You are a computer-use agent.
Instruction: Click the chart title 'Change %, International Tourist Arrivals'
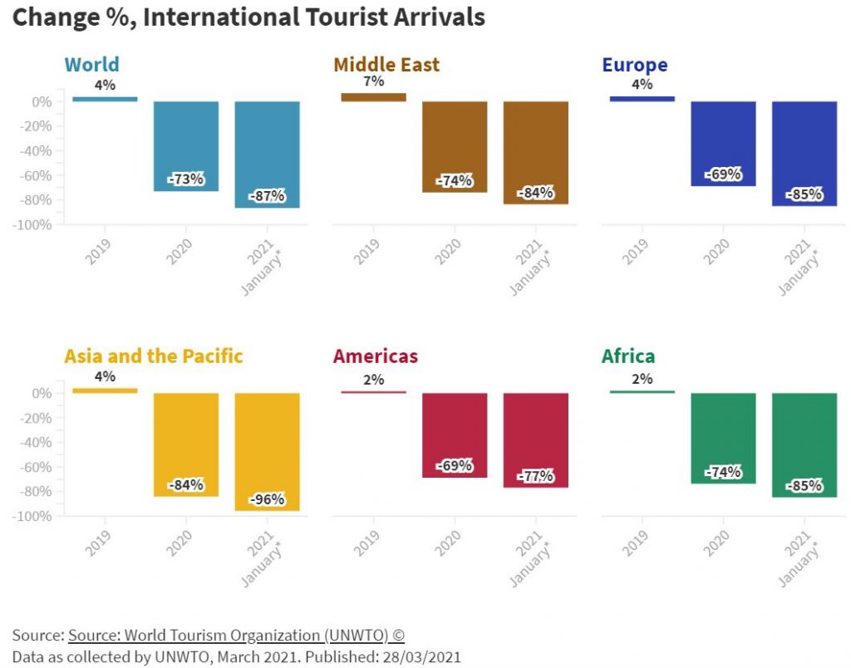248,17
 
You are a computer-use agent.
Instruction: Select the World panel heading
91,65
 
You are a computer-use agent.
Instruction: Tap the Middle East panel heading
386,65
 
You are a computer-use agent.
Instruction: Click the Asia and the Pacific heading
153,356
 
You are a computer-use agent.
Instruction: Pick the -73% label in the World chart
186,179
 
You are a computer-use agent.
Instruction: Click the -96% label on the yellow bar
267,499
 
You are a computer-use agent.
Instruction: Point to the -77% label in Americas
536,476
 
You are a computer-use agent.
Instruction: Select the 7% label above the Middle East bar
373,81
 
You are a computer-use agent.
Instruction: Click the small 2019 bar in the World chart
105,99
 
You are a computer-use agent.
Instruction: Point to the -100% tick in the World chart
34,225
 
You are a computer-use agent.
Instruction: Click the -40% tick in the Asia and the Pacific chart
37,442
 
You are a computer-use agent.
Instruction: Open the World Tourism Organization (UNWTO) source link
236,636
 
